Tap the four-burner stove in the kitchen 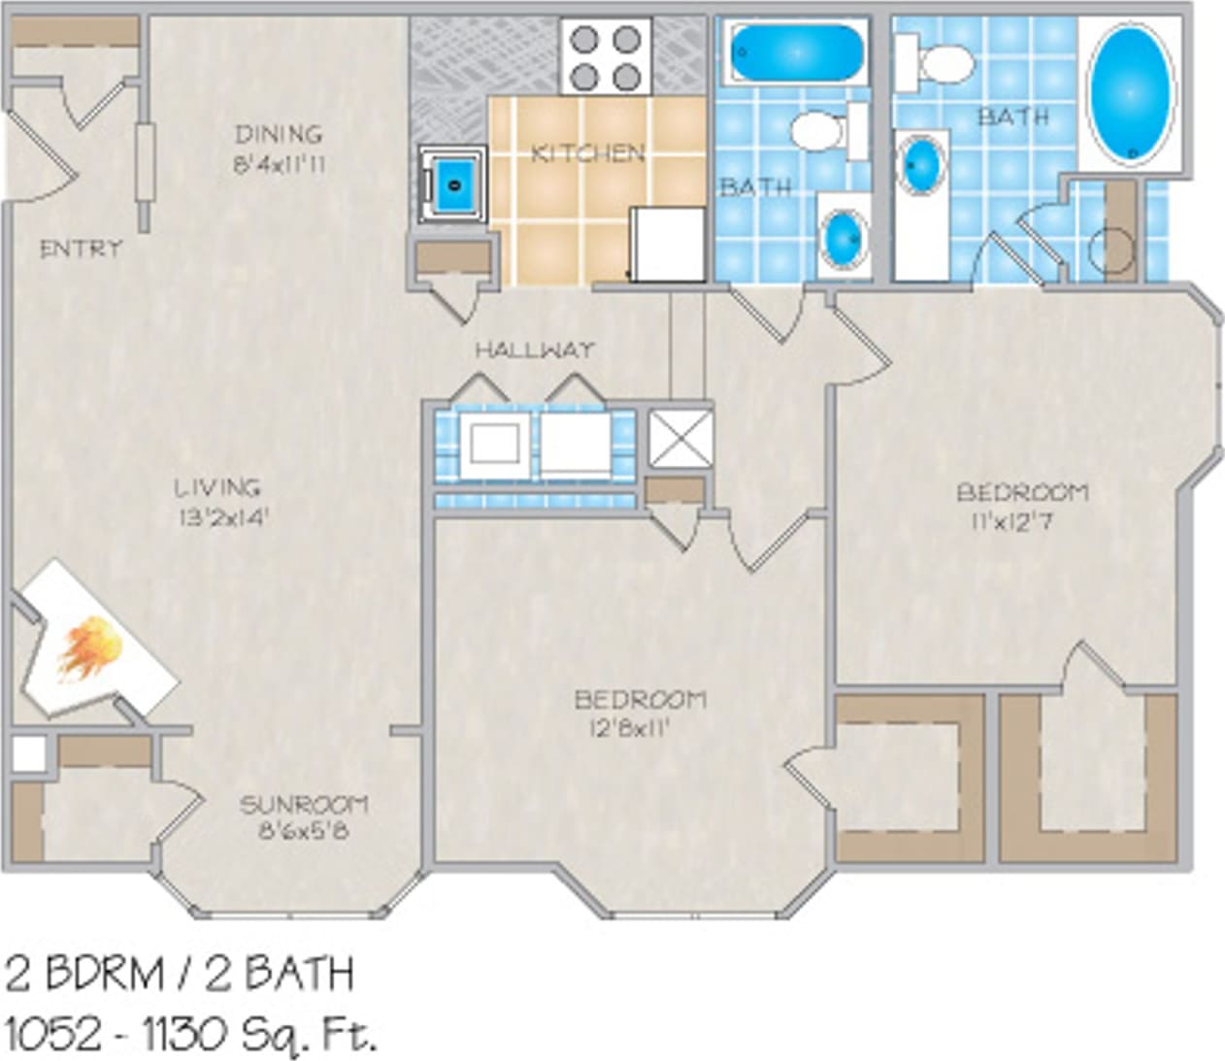(x=606, y=56)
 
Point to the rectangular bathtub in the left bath (x=796, y=52)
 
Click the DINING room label (x=278, y=134)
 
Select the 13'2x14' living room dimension (x=221, y=516)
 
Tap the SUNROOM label (x=304, y=805)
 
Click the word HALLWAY (x=534, y=350)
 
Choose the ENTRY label (x=82, y=249)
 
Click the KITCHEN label (x=588, y=153)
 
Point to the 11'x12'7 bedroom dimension (x=1012, y=522)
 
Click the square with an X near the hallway (x=680, y=439)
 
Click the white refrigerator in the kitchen (x=668, y=244)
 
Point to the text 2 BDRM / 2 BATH (x=180, y=974)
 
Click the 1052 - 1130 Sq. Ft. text (x=190, y=1035)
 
